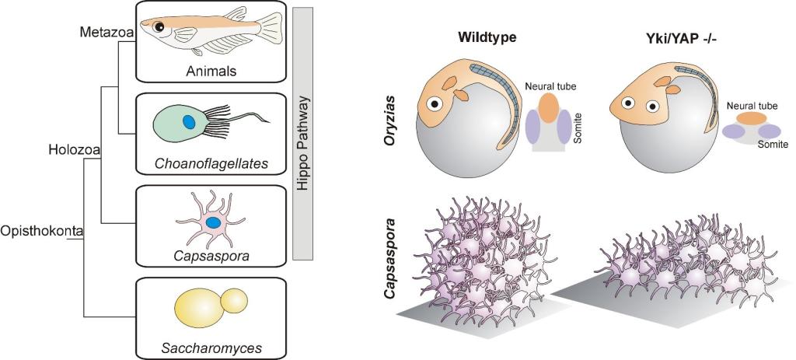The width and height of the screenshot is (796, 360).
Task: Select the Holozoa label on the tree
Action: click(x=71, y=145)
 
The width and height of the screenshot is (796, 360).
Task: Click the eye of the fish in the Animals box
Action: click(x=159, y=27)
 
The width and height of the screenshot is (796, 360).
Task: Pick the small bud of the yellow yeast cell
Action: click(x=235, y=300)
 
